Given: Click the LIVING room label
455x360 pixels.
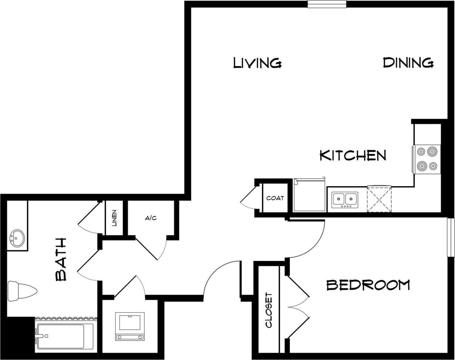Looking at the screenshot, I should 257,63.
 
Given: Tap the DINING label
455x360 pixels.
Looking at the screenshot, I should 408,63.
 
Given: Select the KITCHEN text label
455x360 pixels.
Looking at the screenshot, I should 353,155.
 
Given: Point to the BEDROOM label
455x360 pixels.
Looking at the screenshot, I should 368,285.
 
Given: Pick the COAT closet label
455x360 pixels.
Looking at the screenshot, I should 275,198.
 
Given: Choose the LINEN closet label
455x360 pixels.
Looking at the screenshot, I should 114,218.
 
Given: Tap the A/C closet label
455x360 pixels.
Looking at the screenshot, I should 151,218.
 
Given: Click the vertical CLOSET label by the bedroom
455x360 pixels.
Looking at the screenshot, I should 269,310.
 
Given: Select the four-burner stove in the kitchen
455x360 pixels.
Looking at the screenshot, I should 427,159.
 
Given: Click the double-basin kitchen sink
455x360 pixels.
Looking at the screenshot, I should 344,200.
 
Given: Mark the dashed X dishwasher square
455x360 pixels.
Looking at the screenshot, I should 379,199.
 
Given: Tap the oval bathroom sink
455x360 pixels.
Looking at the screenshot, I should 17,238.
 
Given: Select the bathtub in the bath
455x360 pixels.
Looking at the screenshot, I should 65,336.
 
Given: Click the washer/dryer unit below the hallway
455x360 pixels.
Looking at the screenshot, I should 130,326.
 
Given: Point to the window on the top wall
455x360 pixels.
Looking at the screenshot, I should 327,4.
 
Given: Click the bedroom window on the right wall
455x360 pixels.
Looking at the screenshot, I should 451,237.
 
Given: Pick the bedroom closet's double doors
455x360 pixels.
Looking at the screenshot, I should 298,306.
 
